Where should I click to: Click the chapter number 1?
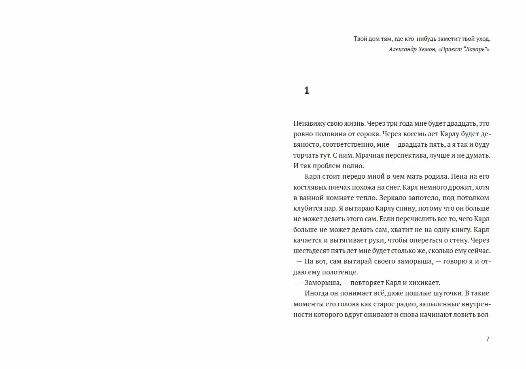(307, 91)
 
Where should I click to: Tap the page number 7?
(488, 339)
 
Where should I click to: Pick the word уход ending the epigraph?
(482, 39)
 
